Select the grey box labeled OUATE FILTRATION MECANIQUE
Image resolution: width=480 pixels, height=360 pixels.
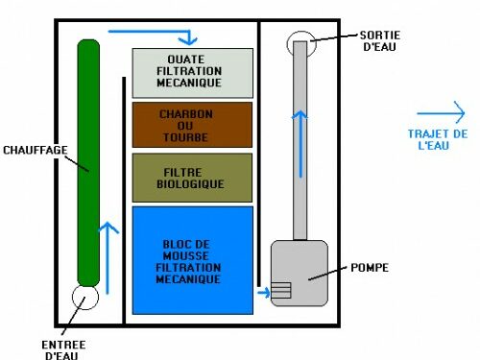pos(192,71)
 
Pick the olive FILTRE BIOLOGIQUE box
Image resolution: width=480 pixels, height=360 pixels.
pos(192,176)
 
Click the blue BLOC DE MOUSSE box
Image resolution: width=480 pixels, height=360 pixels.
pos(192,259)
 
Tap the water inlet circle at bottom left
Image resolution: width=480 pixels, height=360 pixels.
pos(86,298)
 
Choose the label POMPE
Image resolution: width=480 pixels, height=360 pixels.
pos(371,267)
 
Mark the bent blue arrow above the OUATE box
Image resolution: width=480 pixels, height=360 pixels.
pos(158,34)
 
